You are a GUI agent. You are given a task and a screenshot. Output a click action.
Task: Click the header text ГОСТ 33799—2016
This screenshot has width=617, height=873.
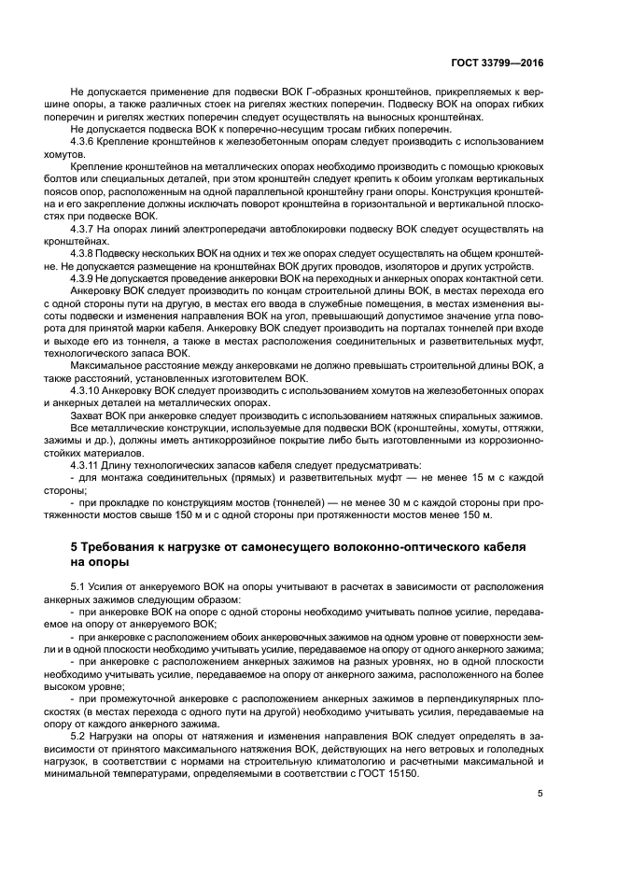496,63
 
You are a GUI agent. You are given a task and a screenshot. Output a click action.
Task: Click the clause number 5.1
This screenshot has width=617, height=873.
79,586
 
